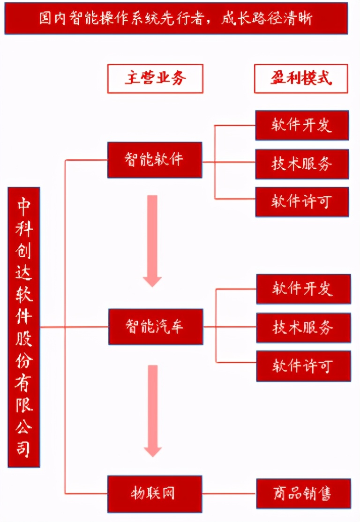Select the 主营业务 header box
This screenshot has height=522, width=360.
(x=155, y=78)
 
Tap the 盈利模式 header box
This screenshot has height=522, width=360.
(x=301, y=78)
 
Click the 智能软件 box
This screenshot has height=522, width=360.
(x=155, y=160)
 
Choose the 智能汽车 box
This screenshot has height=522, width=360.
(x=156, y=326)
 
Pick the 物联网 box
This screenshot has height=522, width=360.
(x=155, y=493)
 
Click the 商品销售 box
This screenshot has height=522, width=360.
(x=303, y=493)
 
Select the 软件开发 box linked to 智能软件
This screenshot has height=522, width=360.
(x=302, y=125)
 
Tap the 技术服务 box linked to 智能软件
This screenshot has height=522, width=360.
(x=302, y=164)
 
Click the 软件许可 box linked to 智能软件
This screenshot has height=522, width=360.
(x=302, y=201)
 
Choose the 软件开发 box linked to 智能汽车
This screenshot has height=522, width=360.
(x=303, y=289)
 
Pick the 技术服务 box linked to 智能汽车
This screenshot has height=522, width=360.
(x=303, y=327)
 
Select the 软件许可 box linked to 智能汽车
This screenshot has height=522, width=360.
(x=303, y=365)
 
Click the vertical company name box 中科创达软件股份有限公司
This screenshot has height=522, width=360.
(x=24, y=327)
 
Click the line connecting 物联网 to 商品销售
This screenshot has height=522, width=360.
(x=229, y=493)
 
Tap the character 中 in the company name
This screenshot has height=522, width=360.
(x=24, y=205)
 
